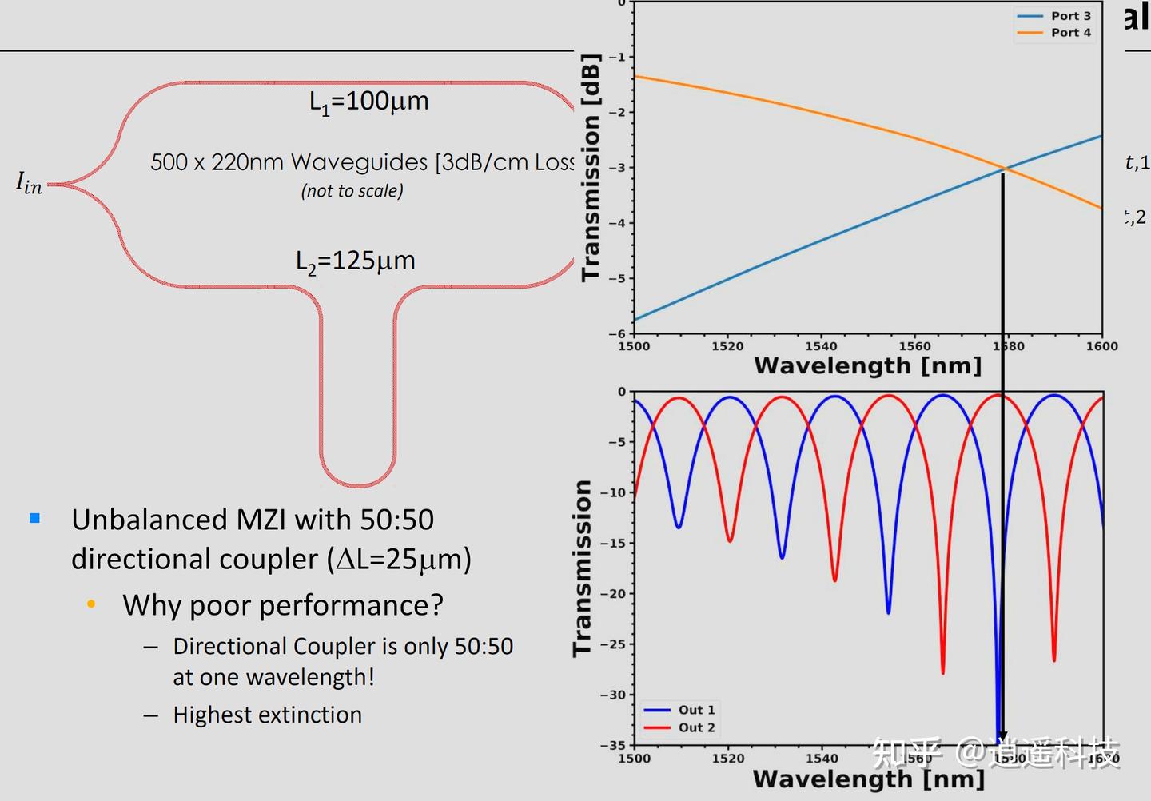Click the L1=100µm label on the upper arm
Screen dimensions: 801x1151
coord(368,102)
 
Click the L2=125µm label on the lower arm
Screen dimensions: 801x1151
coord(355,261)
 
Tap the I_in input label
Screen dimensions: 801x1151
coord(29,184)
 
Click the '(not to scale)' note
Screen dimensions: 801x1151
coord(352,191)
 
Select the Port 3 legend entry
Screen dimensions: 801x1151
coord(1070,16)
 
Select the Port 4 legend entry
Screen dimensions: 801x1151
coord(1070,33)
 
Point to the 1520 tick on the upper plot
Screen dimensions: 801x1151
coord(727,346)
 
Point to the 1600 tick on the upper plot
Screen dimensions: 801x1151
coord(1101,346)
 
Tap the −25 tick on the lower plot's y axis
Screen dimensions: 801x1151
coord(614,644)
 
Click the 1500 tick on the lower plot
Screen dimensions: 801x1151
coord(634,758)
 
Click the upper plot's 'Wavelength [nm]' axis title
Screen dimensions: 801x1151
coord(867,366)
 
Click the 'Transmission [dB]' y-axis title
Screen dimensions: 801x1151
coord(591,168)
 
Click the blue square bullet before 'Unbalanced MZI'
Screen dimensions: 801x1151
coord(34,518)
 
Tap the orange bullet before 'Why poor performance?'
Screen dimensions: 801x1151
coord(91,604)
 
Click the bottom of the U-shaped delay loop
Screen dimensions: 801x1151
coord(358,484)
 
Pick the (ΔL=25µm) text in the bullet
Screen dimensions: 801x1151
coord(399,559)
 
